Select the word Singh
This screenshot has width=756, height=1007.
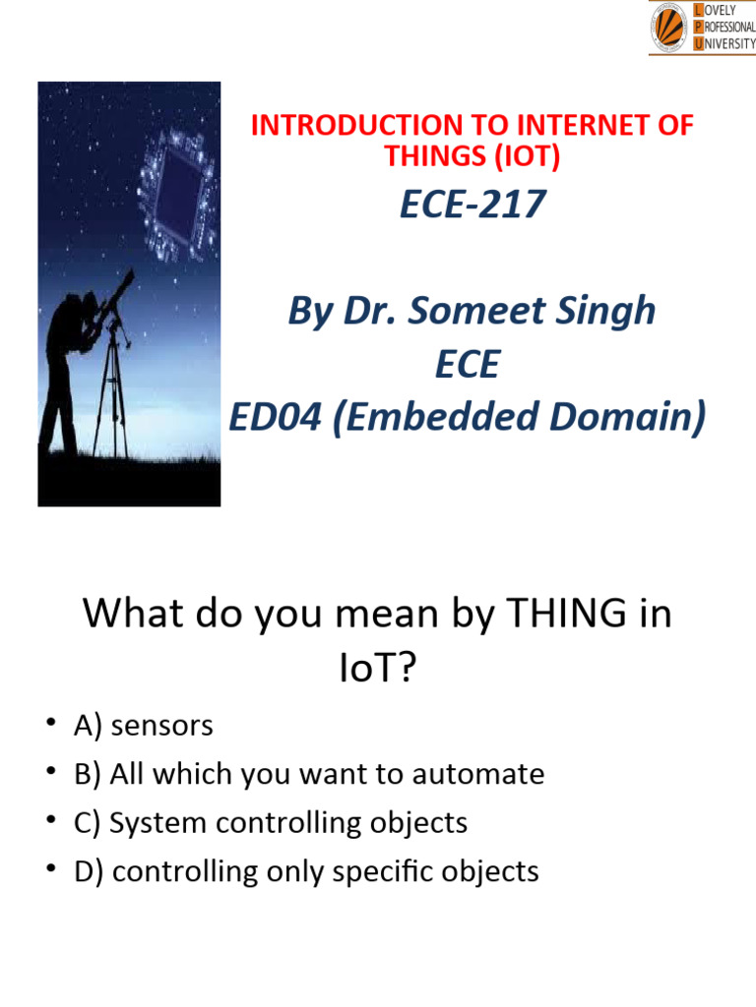[x=607, y=312]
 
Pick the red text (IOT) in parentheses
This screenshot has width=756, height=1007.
[x=527, y=156]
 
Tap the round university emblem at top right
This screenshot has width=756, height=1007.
[x=669, y=27]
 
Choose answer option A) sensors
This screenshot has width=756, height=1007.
[x=143, y=726]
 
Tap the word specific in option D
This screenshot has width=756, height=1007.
[x=388, y=871]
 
